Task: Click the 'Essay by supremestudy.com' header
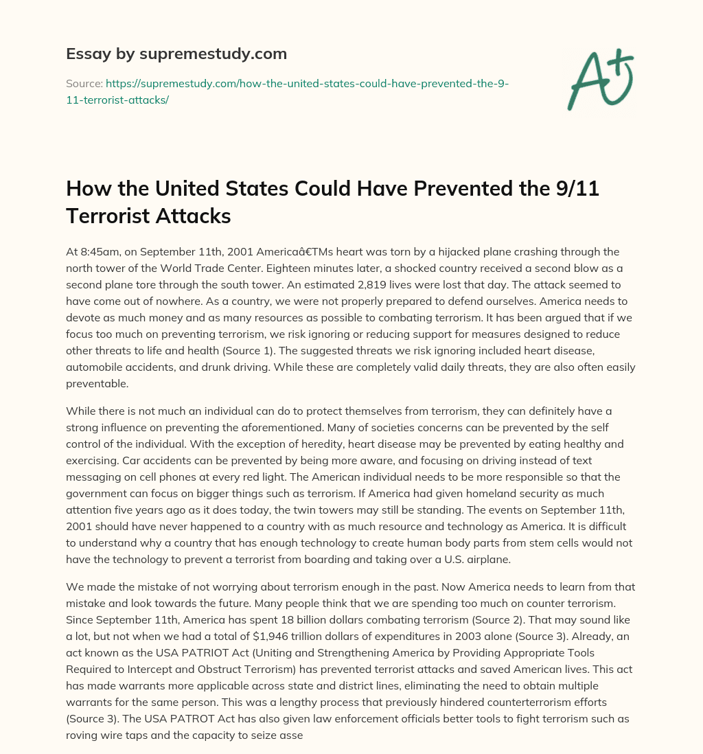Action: click(176, 53)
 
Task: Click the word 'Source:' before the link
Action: click(84, 83)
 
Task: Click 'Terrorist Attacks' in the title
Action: click(148, 216)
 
